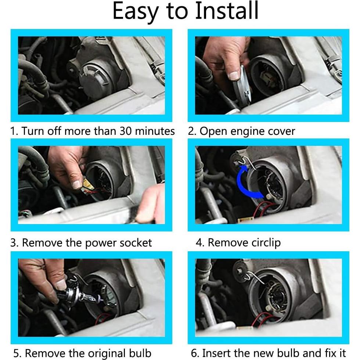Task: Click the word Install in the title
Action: [x=227, y=11]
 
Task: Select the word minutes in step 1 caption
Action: [x=156, y=131]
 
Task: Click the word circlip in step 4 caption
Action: [x=263, y=242]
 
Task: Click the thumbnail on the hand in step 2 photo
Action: [x=234, y=76]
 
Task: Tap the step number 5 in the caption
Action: [x=17, y=354]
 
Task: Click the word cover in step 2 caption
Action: [x=281, y=132]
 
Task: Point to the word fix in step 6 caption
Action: [x=328, y=353]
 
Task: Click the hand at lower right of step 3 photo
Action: [x=151, y=204]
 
